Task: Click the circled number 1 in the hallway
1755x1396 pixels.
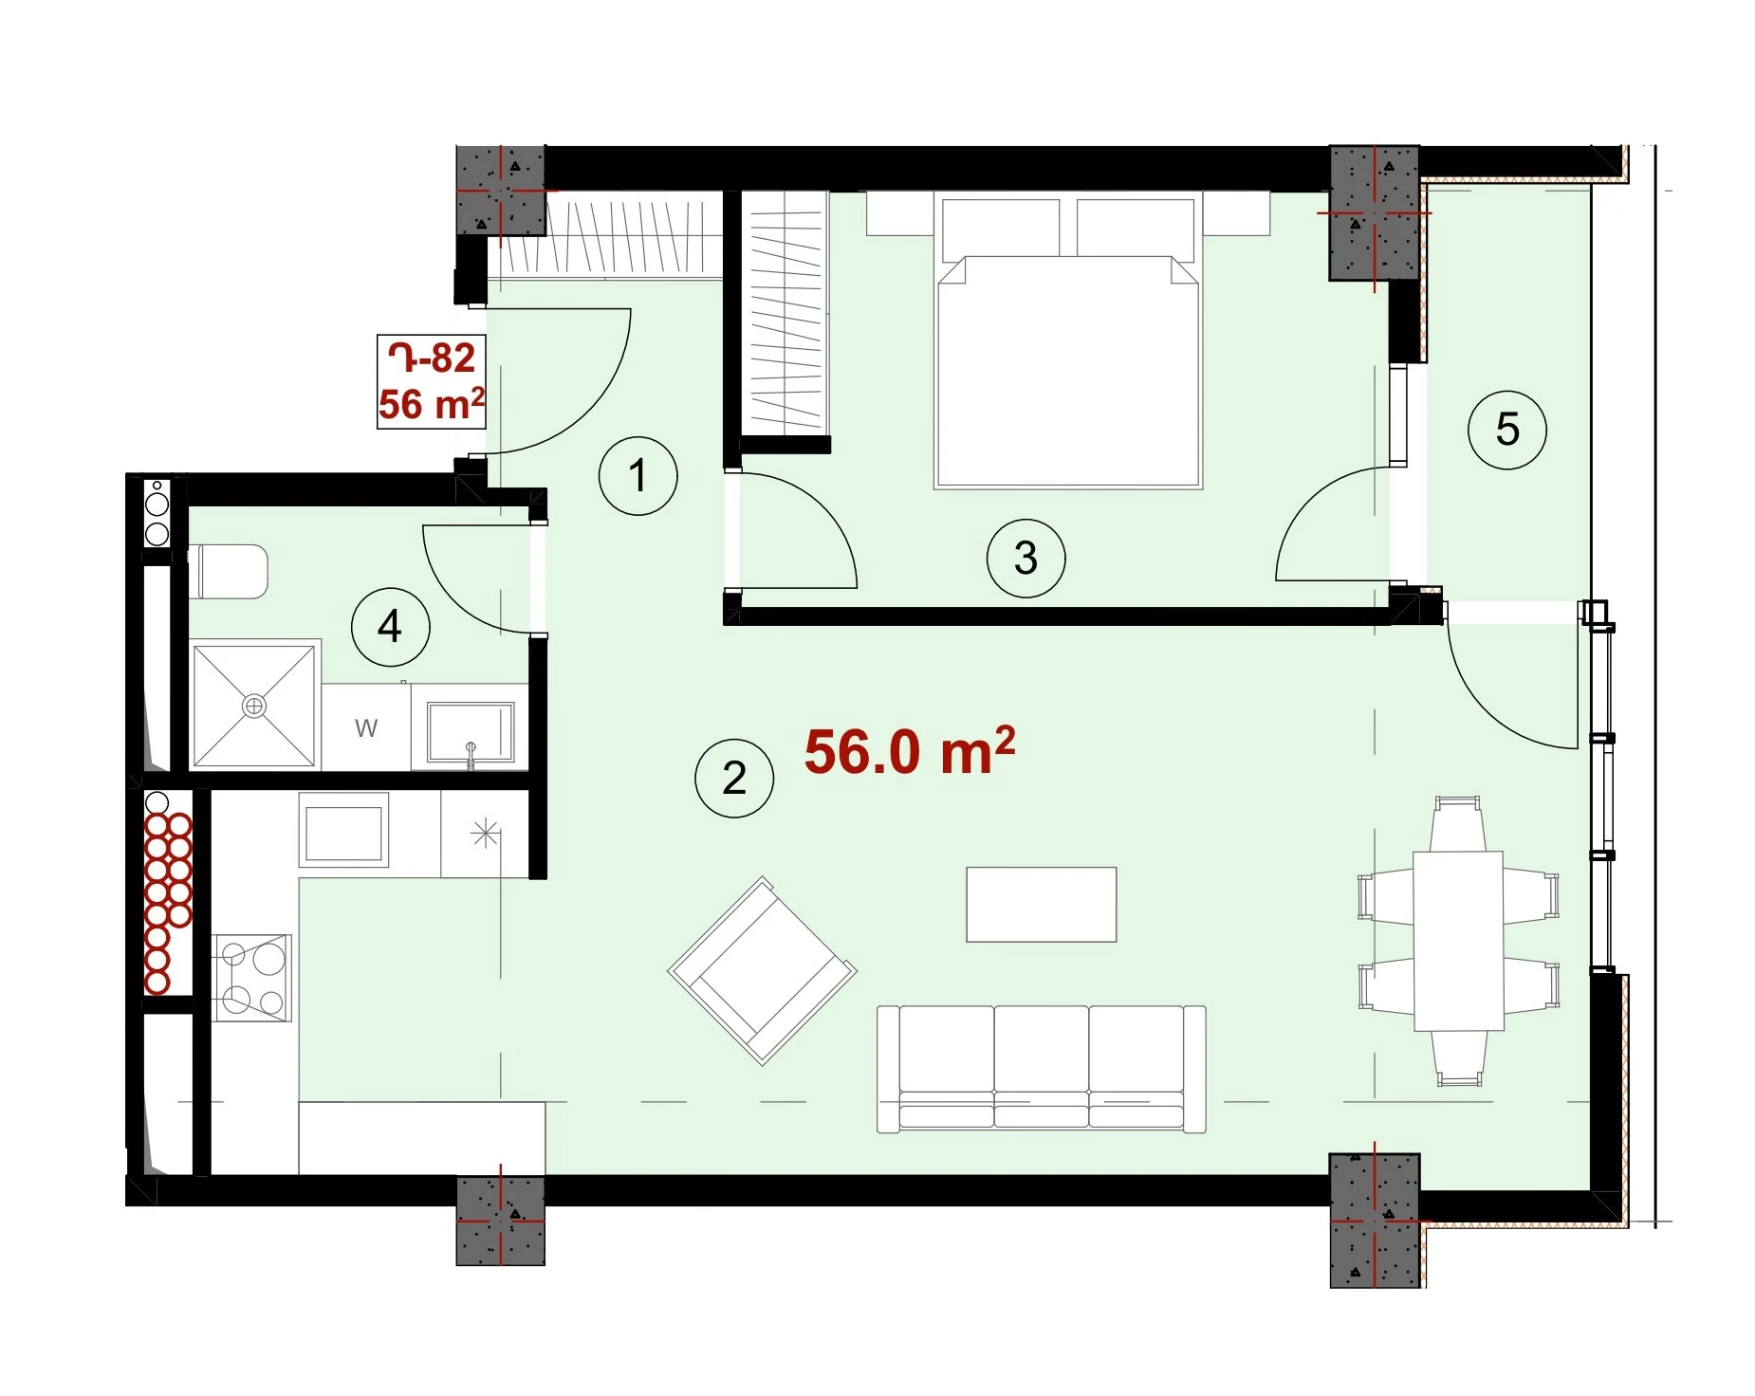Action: click(x=637, y=476)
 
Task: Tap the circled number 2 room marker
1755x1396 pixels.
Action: click(x=734, y=779)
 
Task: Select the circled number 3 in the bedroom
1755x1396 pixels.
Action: click(x=1025, y=558)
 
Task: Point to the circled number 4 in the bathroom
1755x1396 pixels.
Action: click(x=390, y=627)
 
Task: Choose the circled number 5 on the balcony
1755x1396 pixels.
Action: click(x=1506, y=430)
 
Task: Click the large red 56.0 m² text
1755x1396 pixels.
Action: click(x=910, y=751)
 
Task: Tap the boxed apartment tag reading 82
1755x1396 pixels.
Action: click(x=432, y=382)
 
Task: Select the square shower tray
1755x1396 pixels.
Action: click(x=254, y=706)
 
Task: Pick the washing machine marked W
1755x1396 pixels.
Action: click(x=366, y=727)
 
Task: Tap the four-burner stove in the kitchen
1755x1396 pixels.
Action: click(x=251, y=978)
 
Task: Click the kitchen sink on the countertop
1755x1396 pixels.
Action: click(x=343, y=830)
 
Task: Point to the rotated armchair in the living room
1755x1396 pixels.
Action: click(x=763, y=971)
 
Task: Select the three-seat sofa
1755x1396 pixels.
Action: click(x=1042, y=1069)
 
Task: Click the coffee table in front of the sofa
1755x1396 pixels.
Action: click(x=1042, y=905)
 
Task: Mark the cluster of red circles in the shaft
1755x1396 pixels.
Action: click(x=168, y=904)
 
